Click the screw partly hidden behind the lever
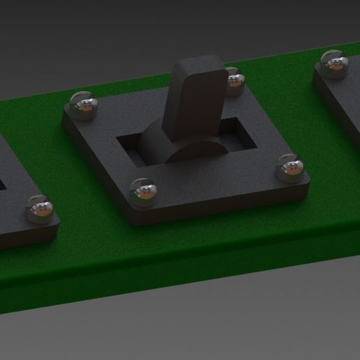click(x=234, y=80)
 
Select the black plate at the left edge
click(x=14, y=209)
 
